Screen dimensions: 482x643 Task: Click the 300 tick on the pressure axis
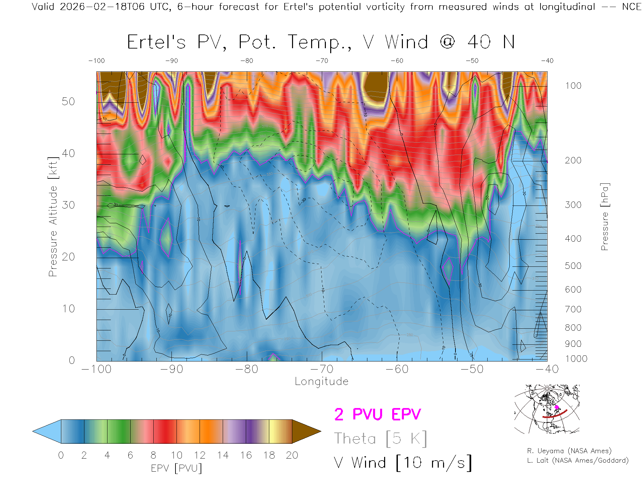[573, 205]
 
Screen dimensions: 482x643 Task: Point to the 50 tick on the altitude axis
[68, 101]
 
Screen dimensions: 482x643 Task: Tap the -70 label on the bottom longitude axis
[322, 369]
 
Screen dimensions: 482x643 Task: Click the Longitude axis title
[321, 382]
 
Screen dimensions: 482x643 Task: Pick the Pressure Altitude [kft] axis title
[53, 217]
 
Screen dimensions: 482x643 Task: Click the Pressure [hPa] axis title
[604, 217]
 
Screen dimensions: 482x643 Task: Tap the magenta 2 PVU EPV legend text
[377, 414]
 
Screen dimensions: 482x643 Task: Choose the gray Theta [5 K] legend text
[380, 438]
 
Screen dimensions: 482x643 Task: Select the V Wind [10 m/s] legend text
[403, 463]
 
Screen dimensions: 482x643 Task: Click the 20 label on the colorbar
[292, 455]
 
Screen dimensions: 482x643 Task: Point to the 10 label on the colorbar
[176, 455]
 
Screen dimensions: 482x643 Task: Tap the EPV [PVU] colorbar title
[176, 468]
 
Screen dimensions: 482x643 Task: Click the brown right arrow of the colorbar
[305, 431]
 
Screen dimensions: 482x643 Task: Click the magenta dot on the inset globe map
[557, 407]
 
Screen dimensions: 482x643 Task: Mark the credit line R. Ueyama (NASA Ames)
[569, 451]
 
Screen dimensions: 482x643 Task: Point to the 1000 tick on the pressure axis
[576, 359]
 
